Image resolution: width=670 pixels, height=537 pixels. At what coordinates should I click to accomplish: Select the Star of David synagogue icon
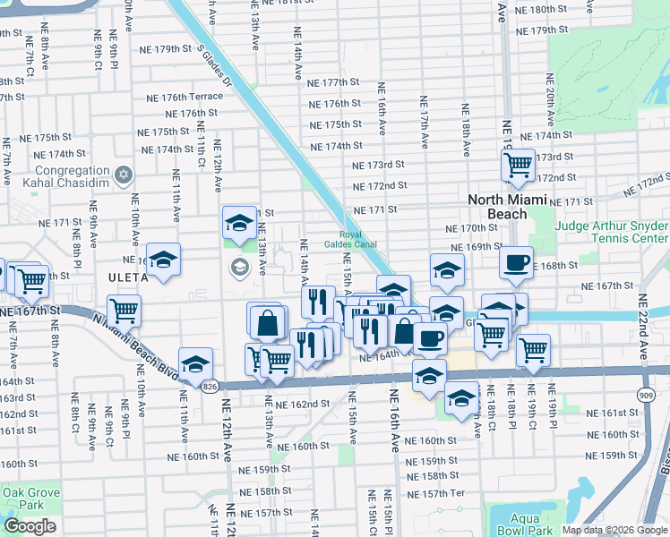click(125, 173)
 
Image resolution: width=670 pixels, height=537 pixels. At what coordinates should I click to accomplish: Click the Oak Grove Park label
click(30, 499)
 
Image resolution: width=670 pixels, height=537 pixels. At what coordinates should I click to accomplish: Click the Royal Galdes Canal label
click(356, 239)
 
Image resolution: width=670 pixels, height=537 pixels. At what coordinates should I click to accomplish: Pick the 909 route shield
click(647, 393)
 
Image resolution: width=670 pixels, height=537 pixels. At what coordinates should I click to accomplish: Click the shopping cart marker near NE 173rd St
click(518, 165)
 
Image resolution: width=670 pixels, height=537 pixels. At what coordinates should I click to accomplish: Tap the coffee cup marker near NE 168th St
click(516, 262)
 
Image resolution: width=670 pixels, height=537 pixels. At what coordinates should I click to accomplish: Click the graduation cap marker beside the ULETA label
click(163, 260)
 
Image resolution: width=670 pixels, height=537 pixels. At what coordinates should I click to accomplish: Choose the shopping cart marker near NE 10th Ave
click(124, 311)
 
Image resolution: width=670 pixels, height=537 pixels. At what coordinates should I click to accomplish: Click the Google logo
click(30, 526)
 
